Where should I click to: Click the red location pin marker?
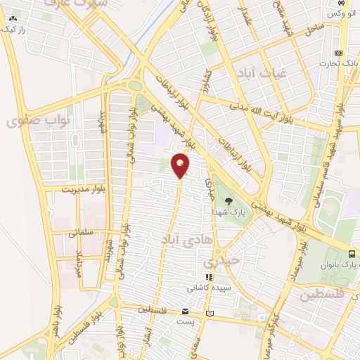click(x=181, y=165)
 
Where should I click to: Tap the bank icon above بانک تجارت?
click(x=338, y=53)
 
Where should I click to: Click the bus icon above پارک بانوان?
click(x=352, y=254)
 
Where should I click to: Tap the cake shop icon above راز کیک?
click(x=13, y=18)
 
